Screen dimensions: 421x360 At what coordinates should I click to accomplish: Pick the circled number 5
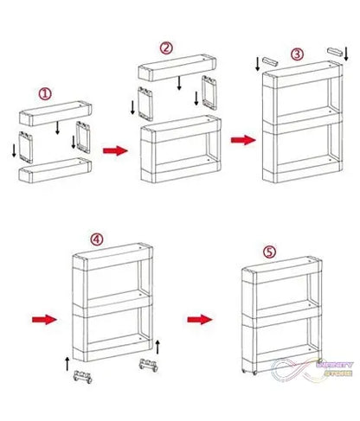tap(269, 252)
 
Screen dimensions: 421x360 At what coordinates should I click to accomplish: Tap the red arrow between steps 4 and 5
tap(200, 318)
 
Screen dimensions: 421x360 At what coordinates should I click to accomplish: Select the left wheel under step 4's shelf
tap(84, 378)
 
